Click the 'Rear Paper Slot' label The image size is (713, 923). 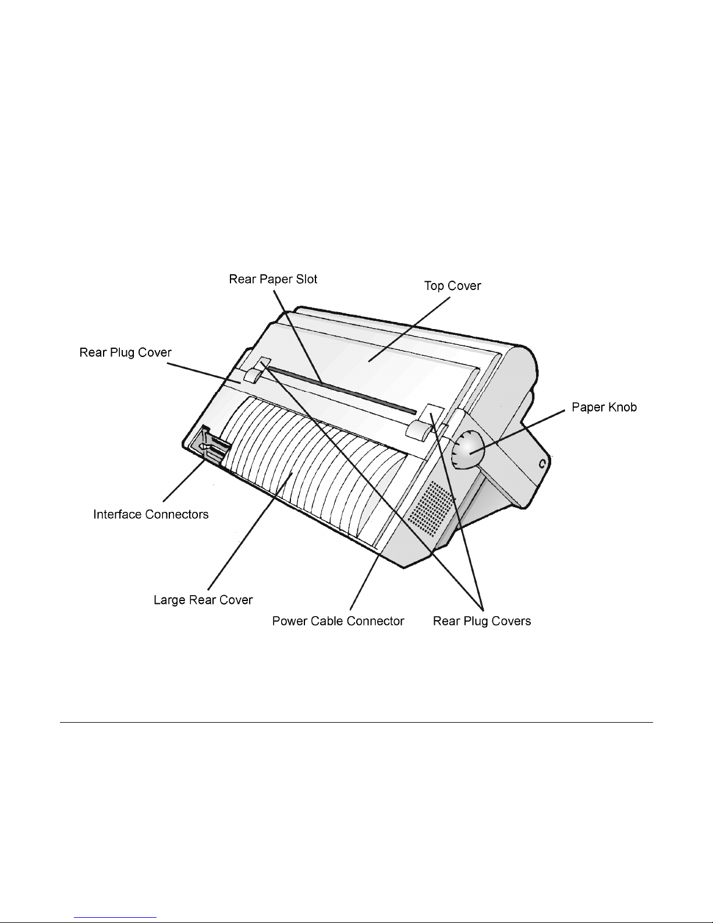pyautogui.click(x=273, y=279)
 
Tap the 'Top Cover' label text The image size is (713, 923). pyautogui.click(x=452, y=286)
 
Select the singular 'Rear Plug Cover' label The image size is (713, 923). pyautogui.click(x=125, y=352)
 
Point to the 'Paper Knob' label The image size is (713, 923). pyautogui.click(x=604, y=407)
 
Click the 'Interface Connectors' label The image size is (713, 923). pyautogui.click(x=151, y=514)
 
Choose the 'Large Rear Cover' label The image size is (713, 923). pyautogui.click(x=203, y=600)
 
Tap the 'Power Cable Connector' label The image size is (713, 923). pyautogui.click(x=338, y=621)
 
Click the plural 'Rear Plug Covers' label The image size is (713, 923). pyautogui.click(x=482, y=621)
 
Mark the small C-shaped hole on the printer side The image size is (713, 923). pyautogui.click(x=542, y=464)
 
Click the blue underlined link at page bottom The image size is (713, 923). pyautogui.click(x=115, y=918)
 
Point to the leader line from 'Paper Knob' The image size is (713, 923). pyautogui.click(x=517, y=433)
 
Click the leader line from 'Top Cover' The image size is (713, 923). pyautogui.click(x=409, y=329)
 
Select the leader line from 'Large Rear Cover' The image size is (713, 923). pyautogui.click(x=250, y=531)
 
